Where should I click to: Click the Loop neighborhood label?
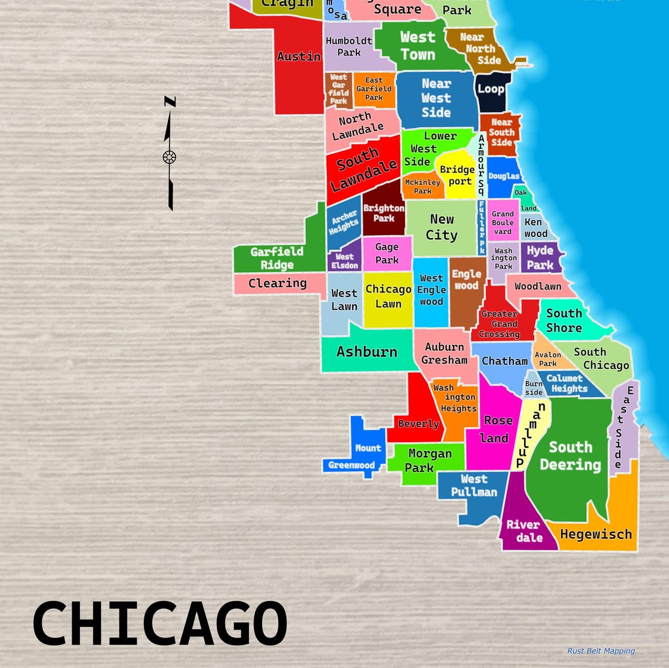pos(491,89)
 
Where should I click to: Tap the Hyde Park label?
pos(540,257)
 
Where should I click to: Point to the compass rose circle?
pos(170,157)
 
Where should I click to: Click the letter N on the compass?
pos(170,102)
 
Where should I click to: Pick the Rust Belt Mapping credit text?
pos(601,650)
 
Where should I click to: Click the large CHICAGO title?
pos(160,622)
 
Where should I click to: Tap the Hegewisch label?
pos(596,534)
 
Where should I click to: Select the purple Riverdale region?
pos(523,530)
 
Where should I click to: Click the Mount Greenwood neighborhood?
pos(360,455)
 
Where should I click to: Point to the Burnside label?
pos(533,388)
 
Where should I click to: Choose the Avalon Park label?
pos(548,358)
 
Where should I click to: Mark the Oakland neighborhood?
pos(523,199)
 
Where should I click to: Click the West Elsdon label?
pos(344,261)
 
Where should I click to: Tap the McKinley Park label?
pos(423,187)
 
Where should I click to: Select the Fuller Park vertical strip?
pos(481,227)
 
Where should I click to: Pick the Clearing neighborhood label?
pos(278,283)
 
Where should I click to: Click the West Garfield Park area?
pos(339,89)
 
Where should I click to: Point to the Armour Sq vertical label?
pos(481,165)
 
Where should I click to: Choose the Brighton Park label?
pos(384,213)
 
